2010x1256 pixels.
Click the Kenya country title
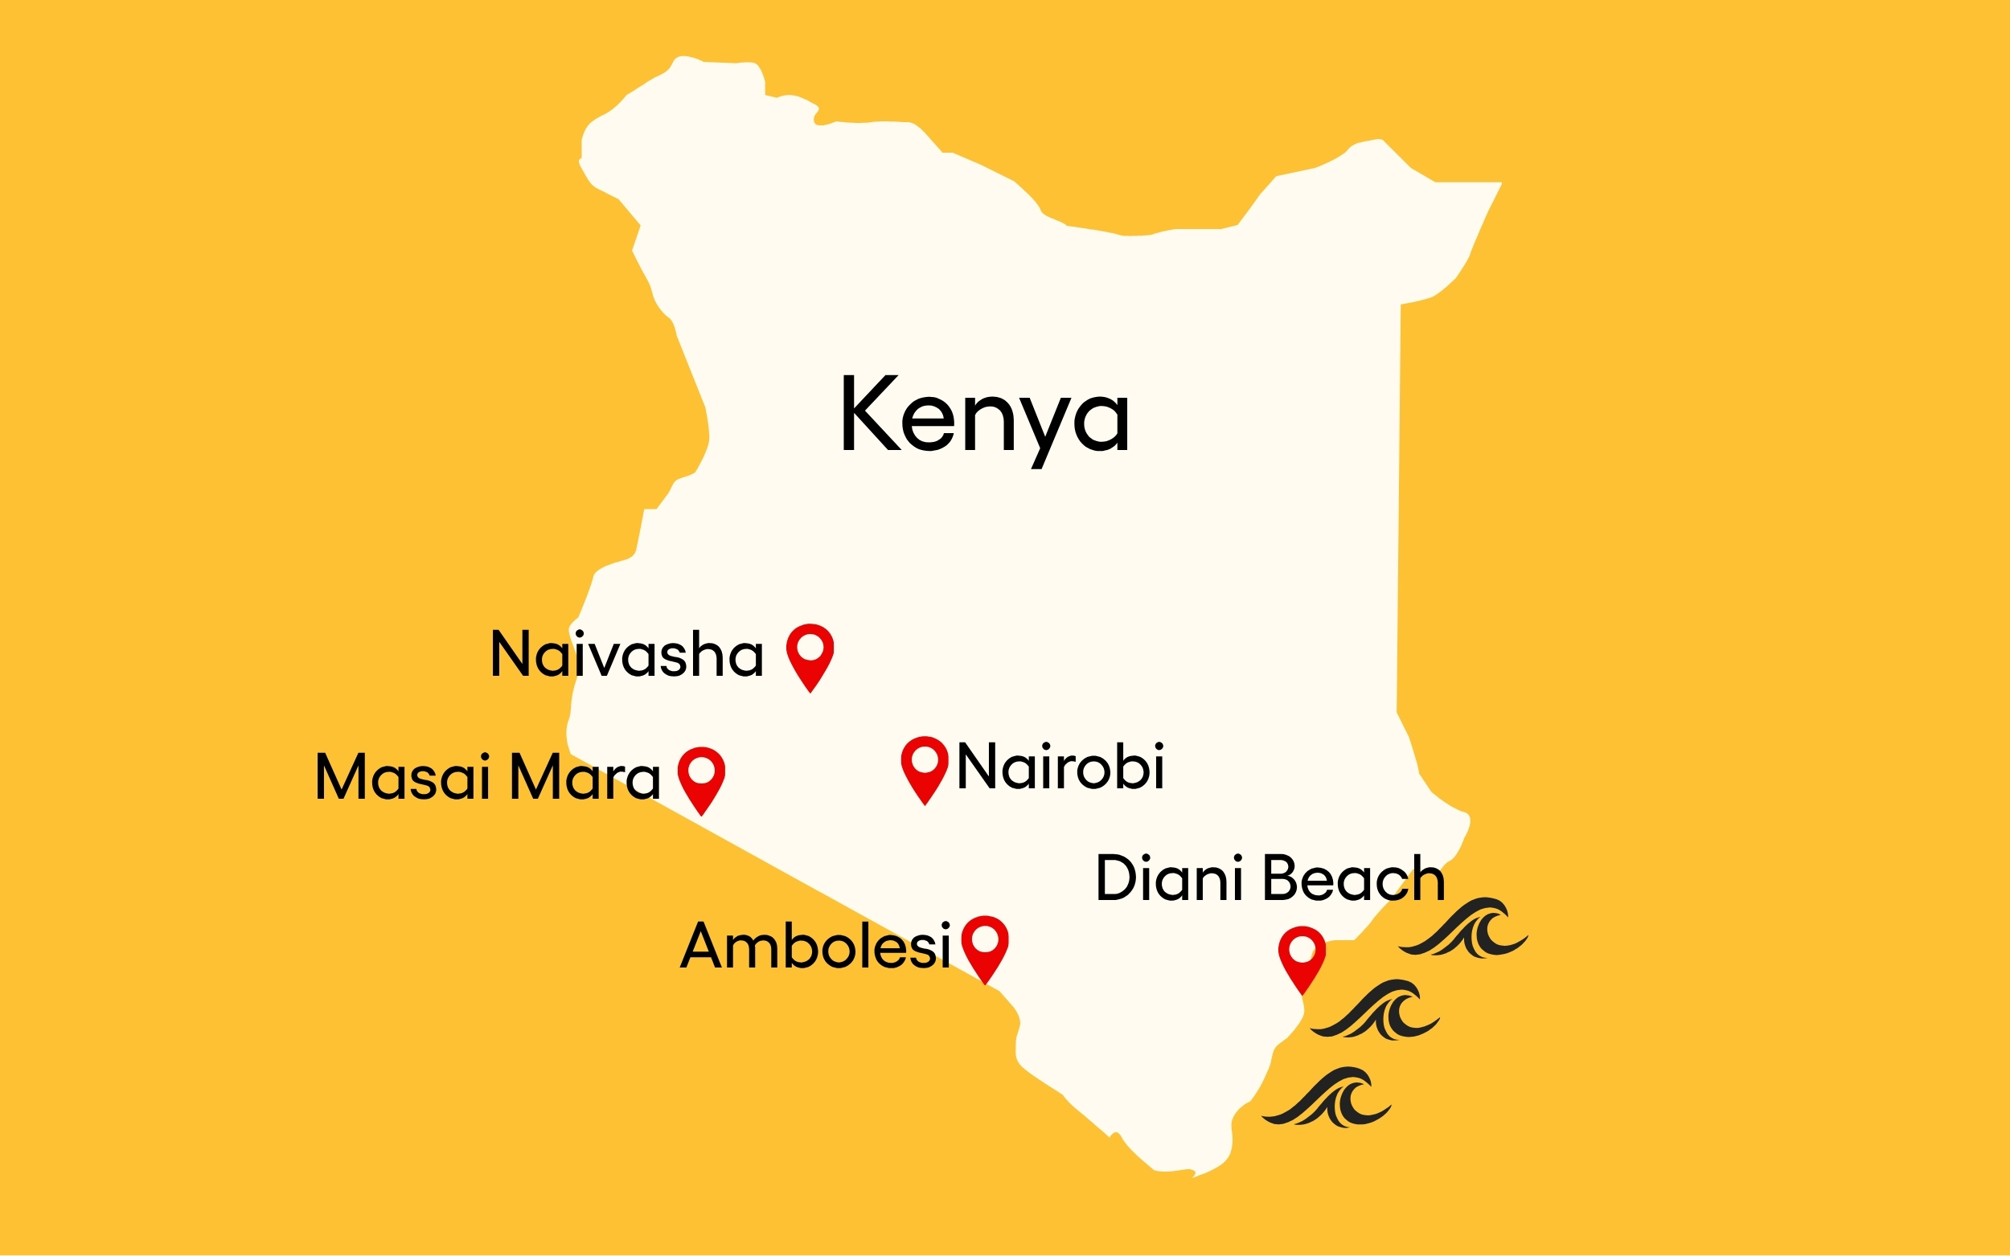pyautogui.click(x=985, y=415)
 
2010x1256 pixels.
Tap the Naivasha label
pyautogui.click(x=626, y=655)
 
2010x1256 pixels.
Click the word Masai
pyautogui.click(x=402, y=778)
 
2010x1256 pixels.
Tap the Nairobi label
pyautogui.click(x=1060, y=766)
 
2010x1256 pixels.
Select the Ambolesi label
pyautogui.click(x=815, y=946)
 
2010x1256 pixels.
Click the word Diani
pyautogui.click(x=1171, y=878)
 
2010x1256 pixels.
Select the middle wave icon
pyautogui.click(x=1376, y=1011)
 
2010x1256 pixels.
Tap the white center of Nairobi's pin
pyautogui.click(x=925, y=759)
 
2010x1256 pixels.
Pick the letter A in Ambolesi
pyautogui.click(x=700, y=946)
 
